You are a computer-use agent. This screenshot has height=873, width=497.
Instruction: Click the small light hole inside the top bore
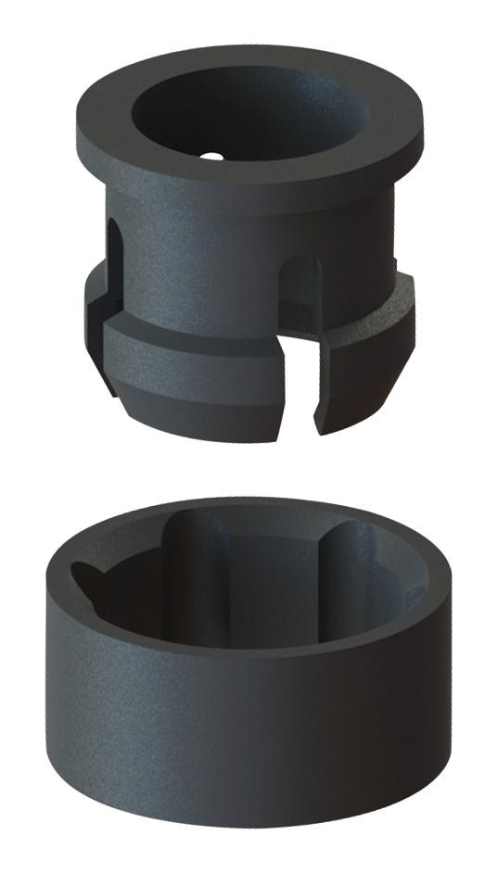(211, 156)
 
